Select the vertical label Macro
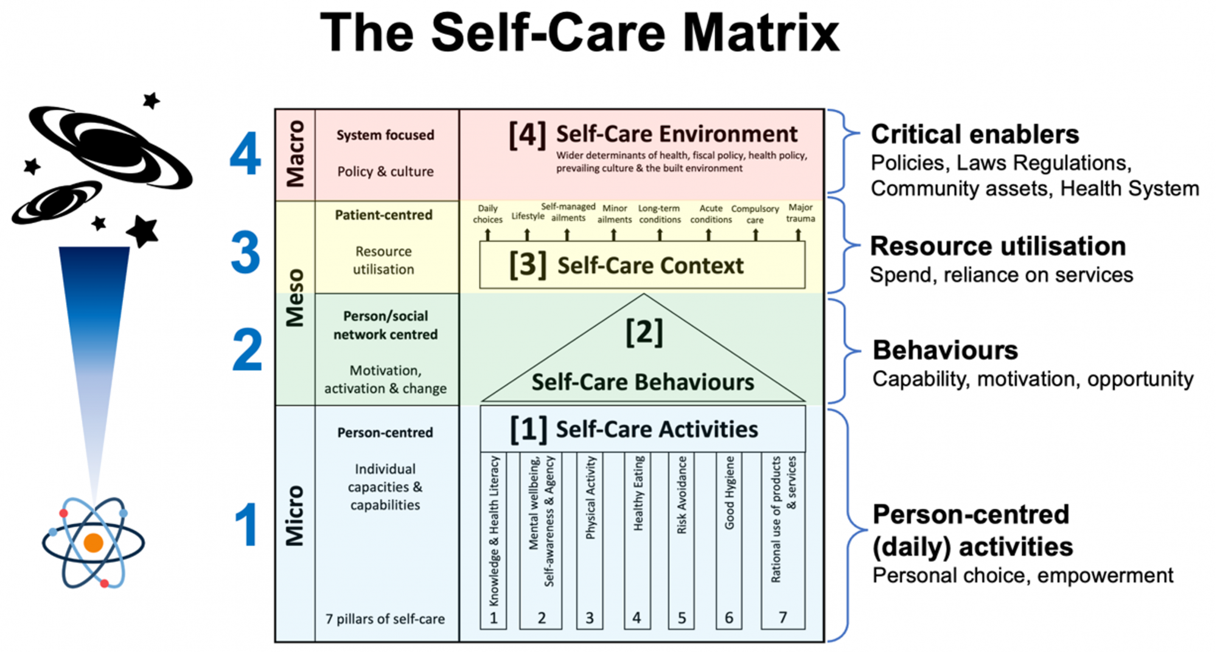(x=295, y=154)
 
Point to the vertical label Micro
(x=295, y=516)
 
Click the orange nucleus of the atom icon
(x=93, y=542)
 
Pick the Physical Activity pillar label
(x=590, y=498)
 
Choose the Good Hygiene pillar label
(x=729, y=492)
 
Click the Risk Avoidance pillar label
(x=682, y=495)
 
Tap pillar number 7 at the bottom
(x=783, y=618)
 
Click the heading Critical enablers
(x=975, y=134)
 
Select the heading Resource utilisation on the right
(x=998, y=246)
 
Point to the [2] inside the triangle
(x=644, y=332)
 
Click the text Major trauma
(x=800, y=213)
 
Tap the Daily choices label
(x=488, y=214)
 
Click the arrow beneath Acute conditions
(x=708, y=235)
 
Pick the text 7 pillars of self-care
(x=385, y=619)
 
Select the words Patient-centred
(x=384, y=215)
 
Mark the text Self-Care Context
(x=650, y=266)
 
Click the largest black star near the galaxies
(x=142, y=231)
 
